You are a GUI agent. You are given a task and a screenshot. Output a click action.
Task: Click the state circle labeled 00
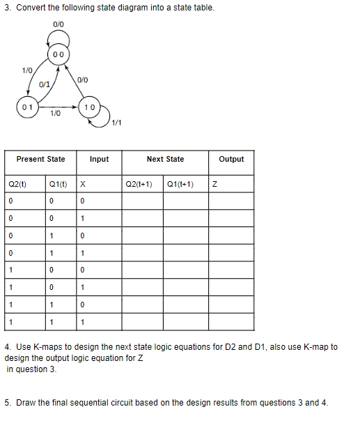(x=58, y=55)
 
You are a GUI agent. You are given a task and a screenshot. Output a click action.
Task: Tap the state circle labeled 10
(x=89, y=109)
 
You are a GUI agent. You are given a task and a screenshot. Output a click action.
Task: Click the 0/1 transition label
(x=43, y=84)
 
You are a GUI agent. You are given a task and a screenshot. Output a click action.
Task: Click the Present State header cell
(x=40, y=159)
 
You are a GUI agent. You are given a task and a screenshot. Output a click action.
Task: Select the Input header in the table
(x=99, y=159)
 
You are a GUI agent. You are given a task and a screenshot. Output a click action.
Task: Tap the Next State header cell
(x=165, y=159)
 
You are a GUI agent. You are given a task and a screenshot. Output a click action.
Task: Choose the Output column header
(x=231, y=159)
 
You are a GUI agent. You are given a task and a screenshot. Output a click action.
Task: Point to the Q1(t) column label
(x=58, y=185)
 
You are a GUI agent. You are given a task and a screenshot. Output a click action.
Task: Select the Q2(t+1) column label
(x=139, y=185)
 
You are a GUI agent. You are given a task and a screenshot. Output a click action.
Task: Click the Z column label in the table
(x=215, y=185)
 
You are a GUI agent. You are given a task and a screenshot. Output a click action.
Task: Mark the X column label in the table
(x=82, y=185)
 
